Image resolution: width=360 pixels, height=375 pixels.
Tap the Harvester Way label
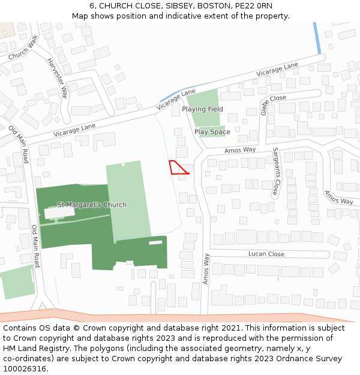click(57, 77)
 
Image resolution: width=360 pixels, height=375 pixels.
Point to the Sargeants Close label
click(275, 172)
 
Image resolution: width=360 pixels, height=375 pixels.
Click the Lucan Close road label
click(266, 254)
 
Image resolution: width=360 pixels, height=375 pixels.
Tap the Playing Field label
click(202, 109)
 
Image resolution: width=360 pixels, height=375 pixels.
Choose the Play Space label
click(212, 131)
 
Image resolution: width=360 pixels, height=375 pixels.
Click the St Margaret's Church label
click(92, 205)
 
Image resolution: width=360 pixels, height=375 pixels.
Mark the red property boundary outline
click(178, 167)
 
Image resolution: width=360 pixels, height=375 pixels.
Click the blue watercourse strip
click(316, 38)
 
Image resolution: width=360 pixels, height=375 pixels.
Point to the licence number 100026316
click(25, 369)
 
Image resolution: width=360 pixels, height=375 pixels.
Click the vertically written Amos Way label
click(206, 268)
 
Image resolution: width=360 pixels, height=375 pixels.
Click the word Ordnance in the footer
click(278, 359)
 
